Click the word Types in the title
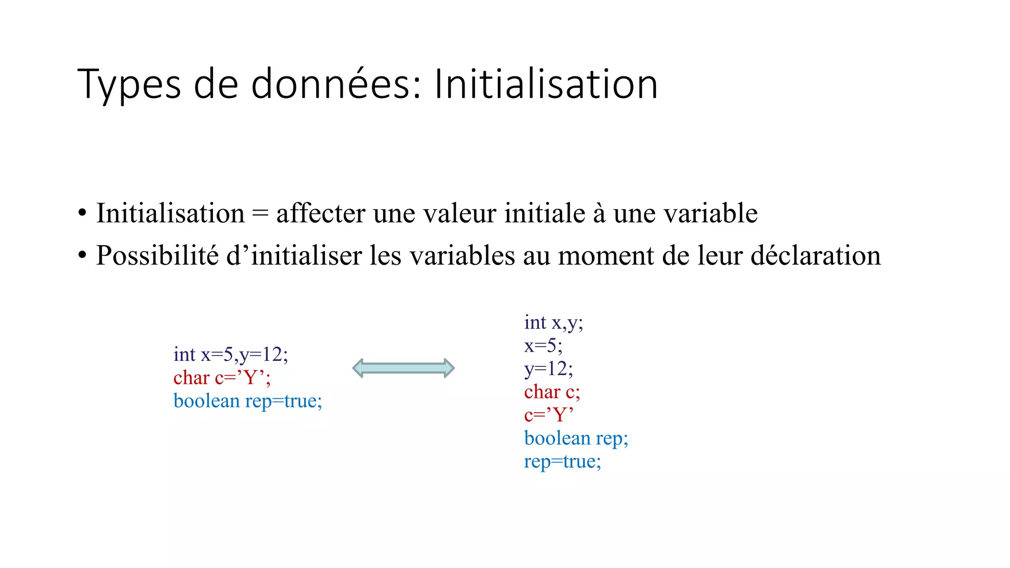(x=129, y=85)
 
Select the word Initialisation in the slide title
(x=546, y=85)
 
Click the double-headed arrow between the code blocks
(x=403, y=368)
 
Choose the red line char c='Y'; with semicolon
(x=222, y=378)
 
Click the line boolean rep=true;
(x=248, y=401)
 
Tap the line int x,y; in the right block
(x=553, y=322)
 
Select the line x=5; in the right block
(x=543, y=346)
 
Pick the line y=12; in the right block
(x=548, y=369)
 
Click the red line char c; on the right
(x=552, y=392)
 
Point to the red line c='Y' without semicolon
(x=548, y=415)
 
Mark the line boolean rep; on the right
(x=576, y=438)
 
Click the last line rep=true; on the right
(x=562, y=461)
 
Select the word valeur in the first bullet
(x=460, y=213)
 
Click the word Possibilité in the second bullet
(x=157, y=256)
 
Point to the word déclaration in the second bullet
(x=816, y=256)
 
